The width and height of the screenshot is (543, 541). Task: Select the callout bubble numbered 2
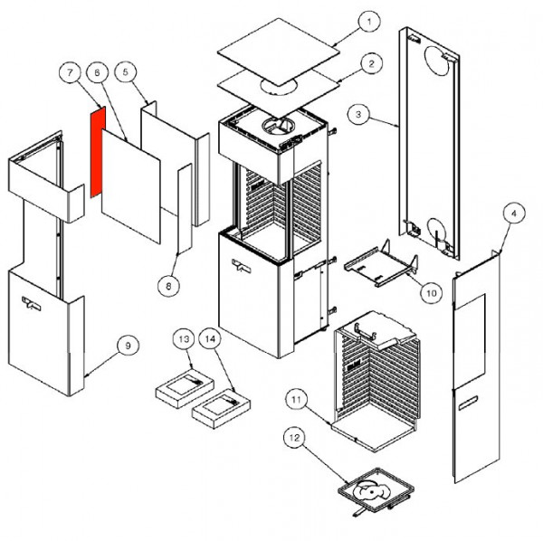[x=370, y=63]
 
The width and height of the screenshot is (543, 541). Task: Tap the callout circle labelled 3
[x=359, y=114]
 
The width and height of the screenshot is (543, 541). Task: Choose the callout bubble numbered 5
[x=127, y=71]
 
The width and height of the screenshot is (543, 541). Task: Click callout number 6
[x=98, y=71]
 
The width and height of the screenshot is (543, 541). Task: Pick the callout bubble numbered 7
[x=70, y=71]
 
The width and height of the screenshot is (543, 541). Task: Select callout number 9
[x=128, y=345]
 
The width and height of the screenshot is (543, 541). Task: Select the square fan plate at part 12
[x=374, y=492]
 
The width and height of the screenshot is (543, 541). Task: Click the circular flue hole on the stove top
[x=272, y=127]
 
